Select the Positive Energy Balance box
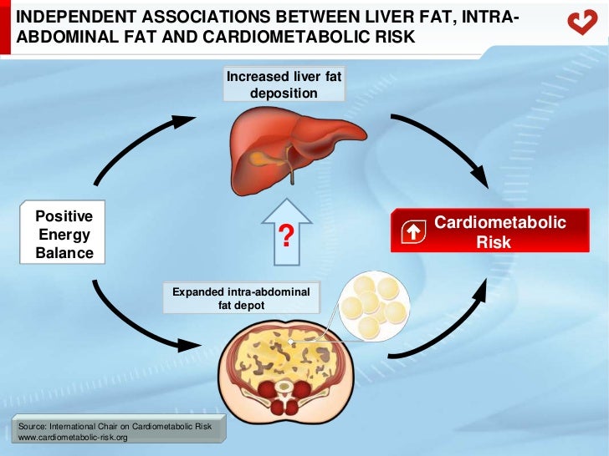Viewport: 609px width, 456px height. coord(64,235)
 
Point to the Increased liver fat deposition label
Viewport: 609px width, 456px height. coord(284,85)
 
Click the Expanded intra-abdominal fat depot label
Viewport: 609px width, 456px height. coord(241,299)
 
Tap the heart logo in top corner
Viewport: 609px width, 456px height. coord(582,23)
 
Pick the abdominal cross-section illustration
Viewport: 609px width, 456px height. coord(287,367)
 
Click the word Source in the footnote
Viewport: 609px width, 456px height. coord(29,427)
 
